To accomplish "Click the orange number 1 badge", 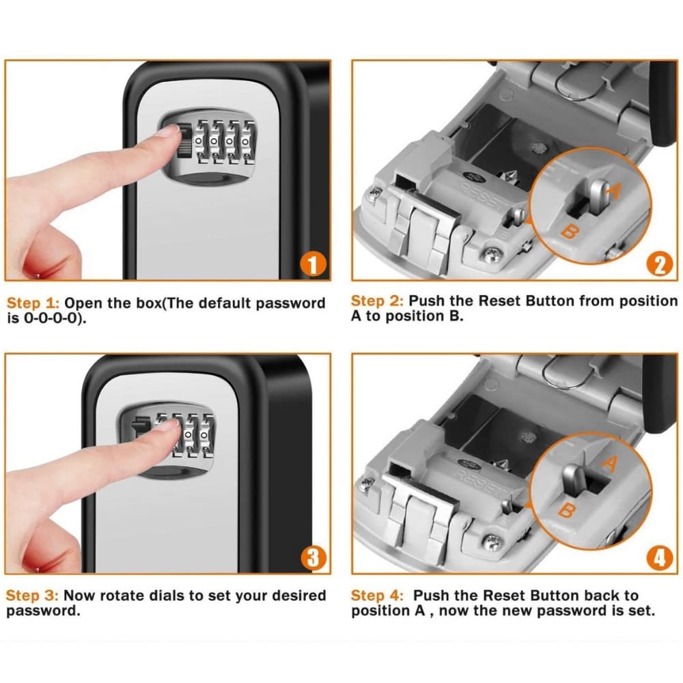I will pos(313,264).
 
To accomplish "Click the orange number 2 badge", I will pos(658,264).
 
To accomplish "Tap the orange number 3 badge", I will pos(313,557).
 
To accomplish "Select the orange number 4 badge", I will pos(658,557).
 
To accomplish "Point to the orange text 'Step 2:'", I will pos(377,301).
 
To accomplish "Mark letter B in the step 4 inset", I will pos(566,510).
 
